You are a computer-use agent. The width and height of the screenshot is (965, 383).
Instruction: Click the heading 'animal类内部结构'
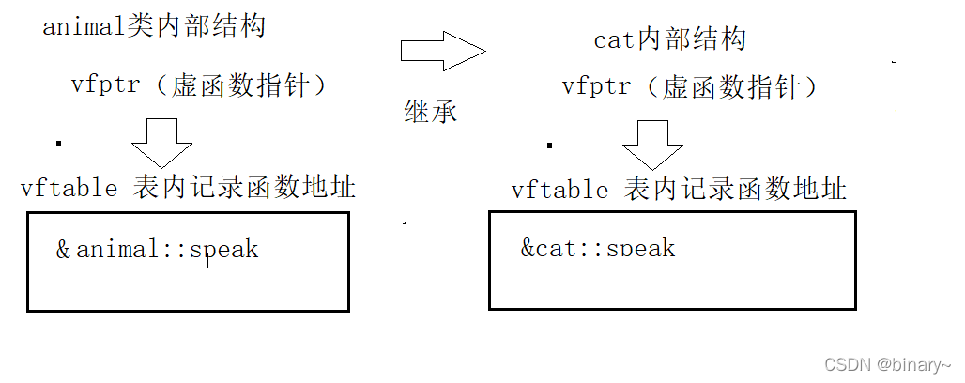point(154,26)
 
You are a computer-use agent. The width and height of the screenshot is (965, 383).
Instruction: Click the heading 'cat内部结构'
point(669,40)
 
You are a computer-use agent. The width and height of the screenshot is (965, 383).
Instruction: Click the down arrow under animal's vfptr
point(161,143)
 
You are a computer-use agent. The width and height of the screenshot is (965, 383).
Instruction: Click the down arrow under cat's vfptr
point(652,144)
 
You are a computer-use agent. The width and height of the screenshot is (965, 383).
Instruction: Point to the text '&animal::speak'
point(157,250)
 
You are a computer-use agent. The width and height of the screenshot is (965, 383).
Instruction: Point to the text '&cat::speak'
point(598,248)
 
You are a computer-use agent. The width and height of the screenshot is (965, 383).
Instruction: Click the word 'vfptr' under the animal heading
point(105,84)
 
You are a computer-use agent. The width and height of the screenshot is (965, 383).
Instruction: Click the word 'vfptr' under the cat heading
point(596,87)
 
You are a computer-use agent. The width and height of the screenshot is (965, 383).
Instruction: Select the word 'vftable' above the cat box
point(560,191)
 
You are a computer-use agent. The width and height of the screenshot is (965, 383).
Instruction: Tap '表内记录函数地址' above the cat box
point(735,190)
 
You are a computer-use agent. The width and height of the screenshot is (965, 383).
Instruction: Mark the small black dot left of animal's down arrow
point(59,144)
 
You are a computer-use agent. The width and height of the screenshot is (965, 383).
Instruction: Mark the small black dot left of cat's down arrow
point(550,146)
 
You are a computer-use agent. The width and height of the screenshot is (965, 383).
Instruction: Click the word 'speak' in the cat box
point(641,249)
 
